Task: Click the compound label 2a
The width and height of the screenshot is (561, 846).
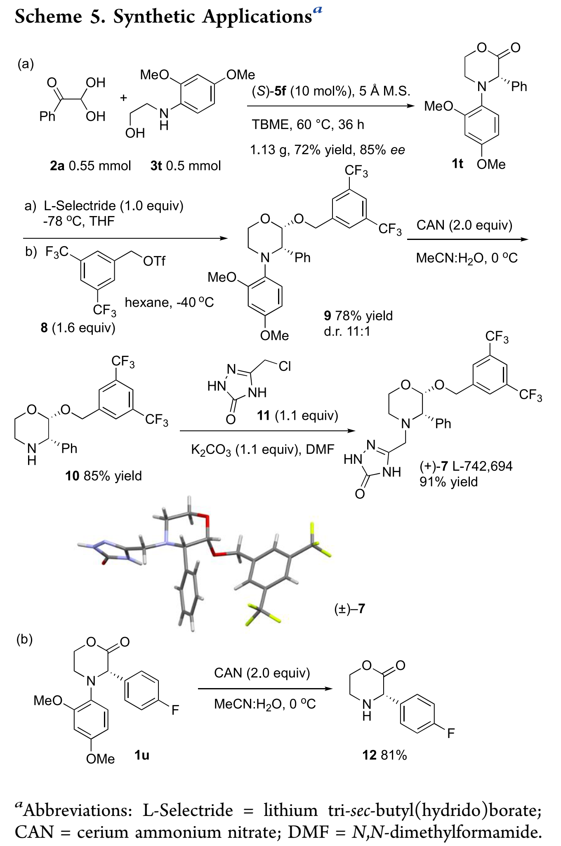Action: pyautogui.click(x=57, y=166)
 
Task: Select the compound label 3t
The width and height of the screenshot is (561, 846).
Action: pyautogui.click(x=156, y=166)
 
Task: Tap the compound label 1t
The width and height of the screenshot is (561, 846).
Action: pyautogui.click(x=457, y=164)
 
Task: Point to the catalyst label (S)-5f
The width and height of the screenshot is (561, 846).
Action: pyautogui.click(x=269, y=91)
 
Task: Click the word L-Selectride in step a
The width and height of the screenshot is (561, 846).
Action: pyautogui.click(x=74, y=205)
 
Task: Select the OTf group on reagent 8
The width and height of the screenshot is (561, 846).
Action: pyautogui.click(x=154, y=261)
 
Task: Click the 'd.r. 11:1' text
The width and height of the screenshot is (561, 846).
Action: pyautogui.click(x=347, y=331)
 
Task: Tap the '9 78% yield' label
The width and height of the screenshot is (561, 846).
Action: pyautogui.click(x=358, y=316)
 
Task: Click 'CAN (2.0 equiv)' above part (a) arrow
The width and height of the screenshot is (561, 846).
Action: pyautogui.click(x=464, y=225)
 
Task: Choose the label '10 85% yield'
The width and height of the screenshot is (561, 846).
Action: pyautogui.click(x=103, y=476)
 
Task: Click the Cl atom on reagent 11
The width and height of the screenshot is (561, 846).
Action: pyautogui.click(x=285, y=366)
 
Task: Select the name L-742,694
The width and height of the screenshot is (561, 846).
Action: pyautogui.click(x=482, y=466)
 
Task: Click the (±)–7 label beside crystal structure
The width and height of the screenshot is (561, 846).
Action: pyautogui.click(x=349, y=609)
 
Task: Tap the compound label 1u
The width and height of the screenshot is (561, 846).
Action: pyautogui.click(x=141, y=755)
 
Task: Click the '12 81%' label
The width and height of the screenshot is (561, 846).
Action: pyautogui.click(x=384, y=755)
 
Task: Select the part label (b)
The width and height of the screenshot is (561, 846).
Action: pyautogui.click(x=24, y=639)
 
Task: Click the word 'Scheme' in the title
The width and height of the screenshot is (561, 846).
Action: pyautogui.click(x=49, y=16)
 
